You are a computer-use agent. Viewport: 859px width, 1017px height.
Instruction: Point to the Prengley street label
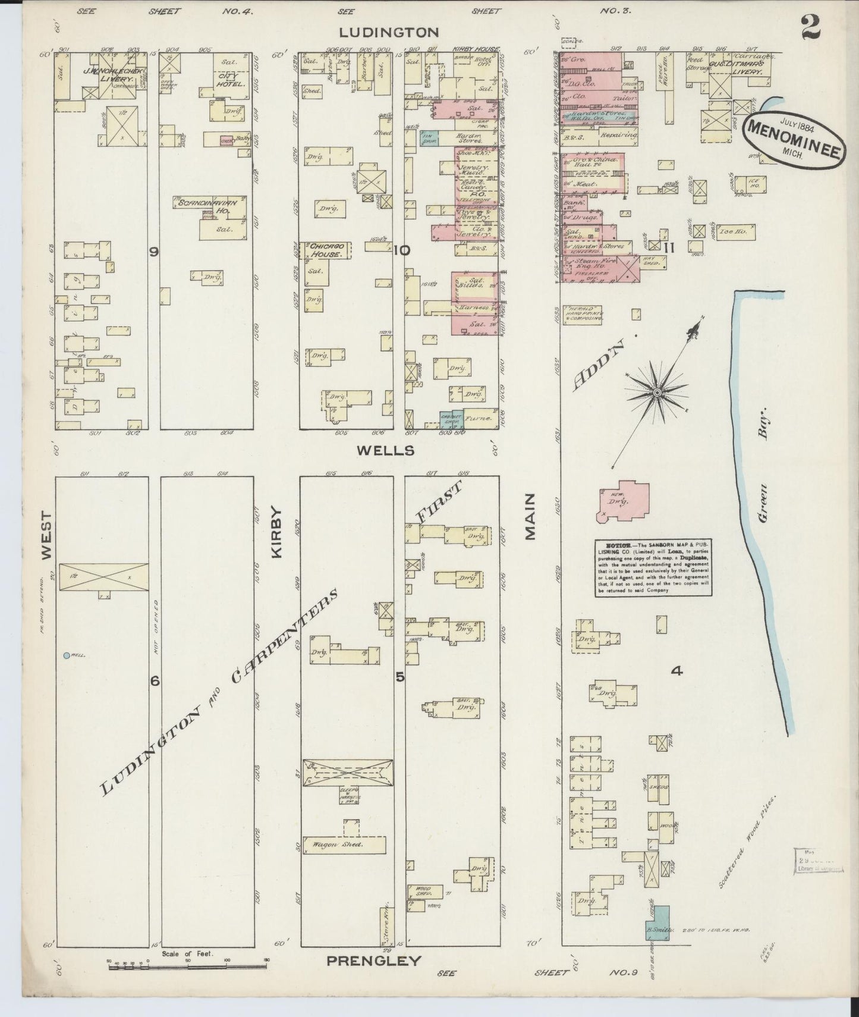(373, 960)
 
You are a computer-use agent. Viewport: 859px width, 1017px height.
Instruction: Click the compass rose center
(657, 393)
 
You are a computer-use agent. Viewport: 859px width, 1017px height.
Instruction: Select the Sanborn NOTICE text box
(653, 567)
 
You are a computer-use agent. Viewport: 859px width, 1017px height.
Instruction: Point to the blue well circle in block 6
(66, 655)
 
